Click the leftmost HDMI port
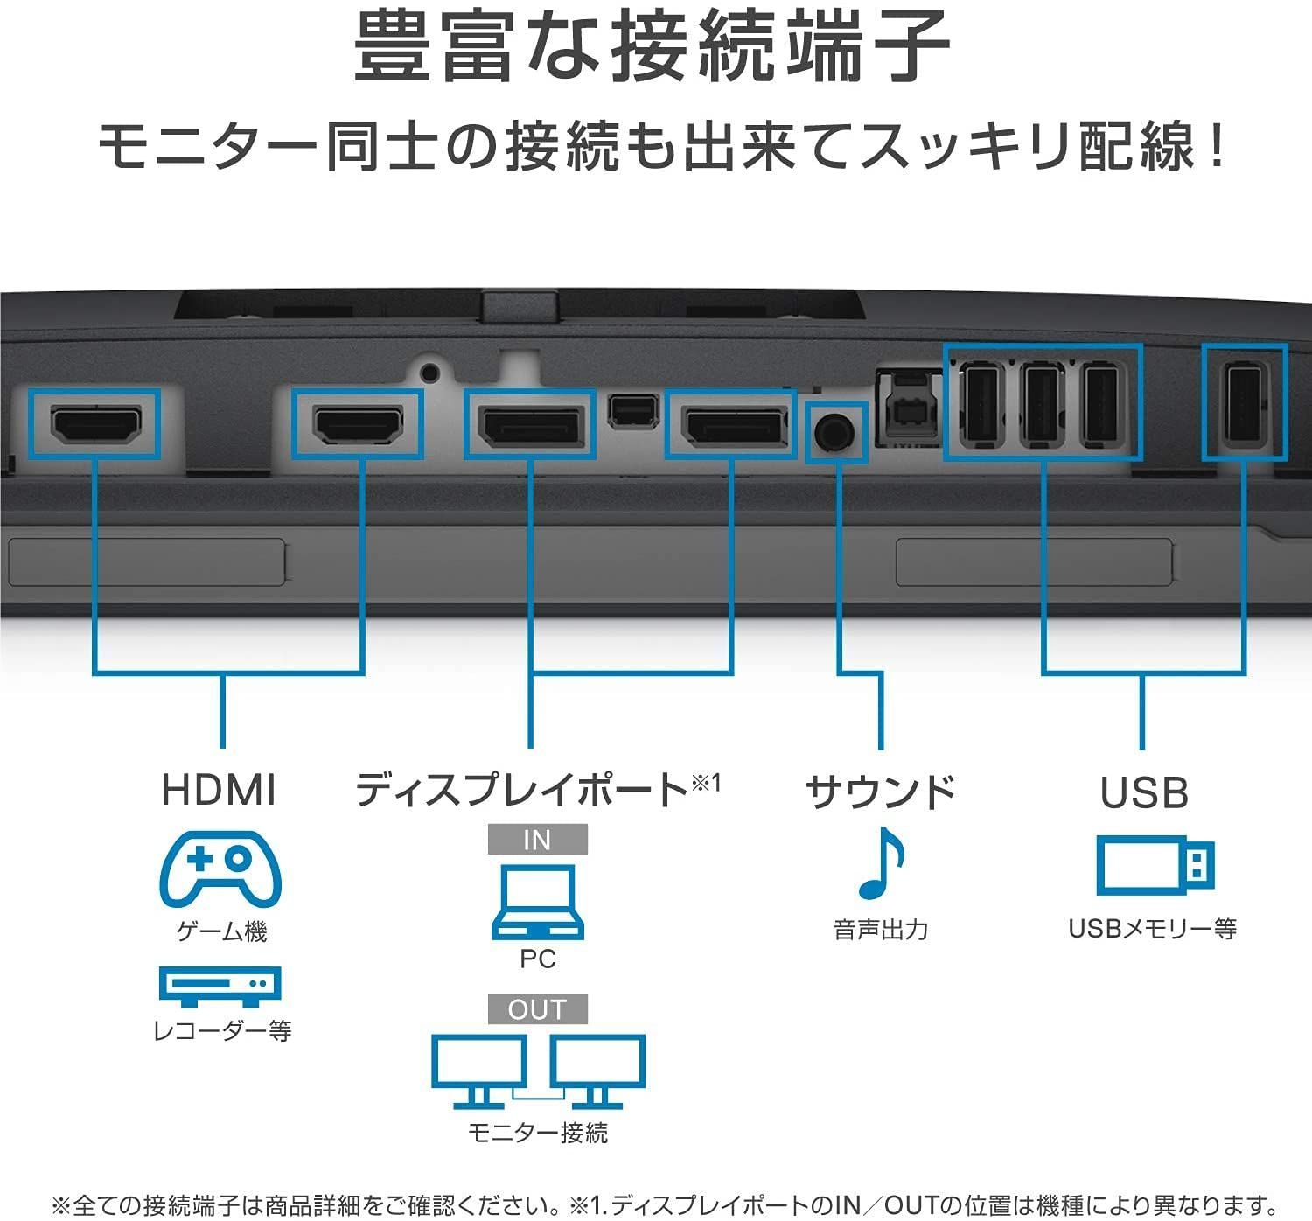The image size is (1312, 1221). pos(96,423)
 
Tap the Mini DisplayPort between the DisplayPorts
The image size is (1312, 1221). pos(632,411)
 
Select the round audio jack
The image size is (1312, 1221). pos(834,432)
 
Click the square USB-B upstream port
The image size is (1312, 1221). pos(909,408)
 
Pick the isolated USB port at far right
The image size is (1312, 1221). pos(1243,401)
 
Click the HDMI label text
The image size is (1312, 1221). pos(219,790)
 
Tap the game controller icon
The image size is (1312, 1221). pos(220,869)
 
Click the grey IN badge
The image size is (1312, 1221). pos(537,839)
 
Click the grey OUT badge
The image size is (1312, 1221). pos(537,1009)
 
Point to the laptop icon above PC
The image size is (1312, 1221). pos(537,902)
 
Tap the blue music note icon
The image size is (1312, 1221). pos(881,863)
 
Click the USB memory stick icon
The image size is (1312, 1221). pos(1155,865)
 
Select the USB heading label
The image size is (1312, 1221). pos(1144,792)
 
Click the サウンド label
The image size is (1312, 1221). pos(881,792)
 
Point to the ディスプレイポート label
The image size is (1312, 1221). pos(522,790)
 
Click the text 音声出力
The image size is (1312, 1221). pos(881,930)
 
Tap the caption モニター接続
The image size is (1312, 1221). pos(537,1133)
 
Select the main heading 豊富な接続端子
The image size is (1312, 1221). pos(652,47)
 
